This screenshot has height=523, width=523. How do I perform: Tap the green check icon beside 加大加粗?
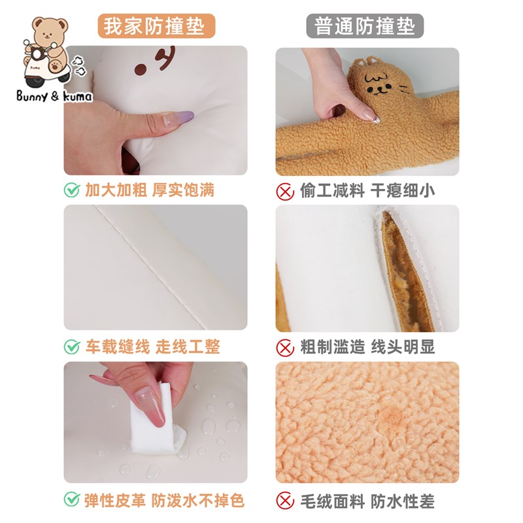point(71,190)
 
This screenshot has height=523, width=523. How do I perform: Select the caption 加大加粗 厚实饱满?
point(150,190)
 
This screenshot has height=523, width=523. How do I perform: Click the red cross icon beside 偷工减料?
point(284,190)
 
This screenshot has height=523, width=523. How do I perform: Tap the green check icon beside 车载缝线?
point(71,346)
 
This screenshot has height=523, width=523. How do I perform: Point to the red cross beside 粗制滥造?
point(284,346)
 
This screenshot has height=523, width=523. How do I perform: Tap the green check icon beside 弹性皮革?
point(71,501)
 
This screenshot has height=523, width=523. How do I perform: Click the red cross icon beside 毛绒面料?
point(284,501)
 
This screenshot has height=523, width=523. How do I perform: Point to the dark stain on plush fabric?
point(391,416)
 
